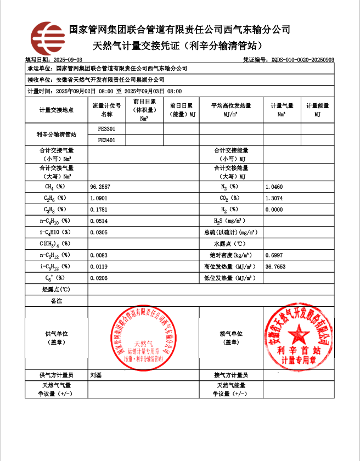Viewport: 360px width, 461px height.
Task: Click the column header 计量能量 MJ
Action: (317, 110)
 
